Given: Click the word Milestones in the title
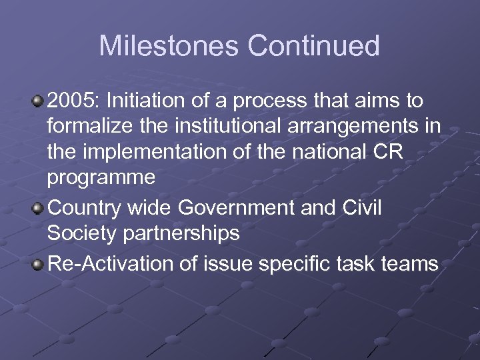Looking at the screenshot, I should [x=169, y=47].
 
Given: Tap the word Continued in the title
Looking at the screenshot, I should [x=314, y=47].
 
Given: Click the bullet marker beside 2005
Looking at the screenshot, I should [x=38, y=101].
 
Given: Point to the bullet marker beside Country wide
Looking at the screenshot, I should [x=38, y=209].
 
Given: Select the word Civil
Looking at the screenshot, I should [x=360, y=209].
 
